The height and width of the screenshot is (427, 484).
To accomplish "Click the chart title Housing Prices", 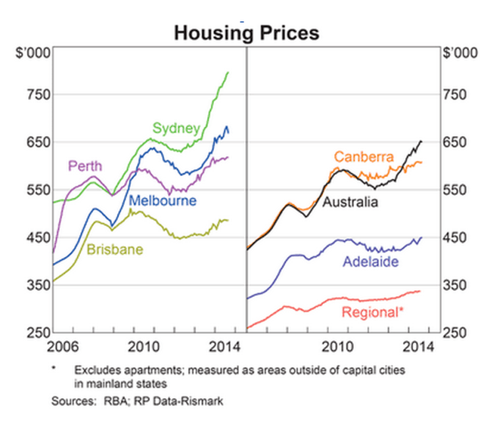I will point(246,33).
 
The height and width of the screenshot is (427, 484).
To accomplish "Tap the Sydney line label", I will point(176,128).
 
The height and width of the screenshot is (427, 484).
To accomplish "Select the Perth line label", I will point(85,166).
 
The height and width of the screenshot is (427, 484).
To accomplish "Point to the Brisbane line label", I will point(114,249).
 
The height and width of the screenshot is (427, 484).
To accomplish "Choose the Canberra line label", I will point(364,157).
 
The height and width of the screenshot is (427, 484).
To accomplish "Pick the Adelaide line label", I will point(370,262).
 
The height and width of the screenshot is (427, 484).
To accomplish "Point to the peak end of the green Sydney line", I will point(228,72).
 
